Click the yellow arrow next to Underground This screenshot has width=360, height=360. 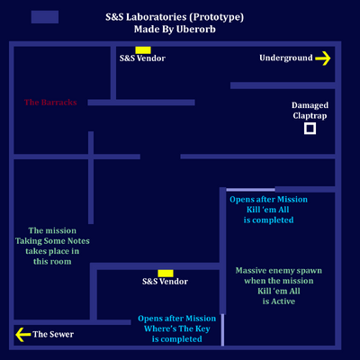click(323, 58)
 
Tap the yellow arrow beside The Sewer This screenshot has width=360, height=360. click(22, 335)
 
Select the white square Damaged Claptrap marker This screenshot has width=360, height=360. click(310, 129)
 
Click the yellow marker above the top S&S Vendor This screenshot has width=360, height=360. click(143, 50)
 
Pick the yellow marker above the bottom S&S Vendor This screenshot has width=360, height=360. click(166, 274)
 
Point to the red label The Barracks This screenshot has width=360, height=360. click(50, 103)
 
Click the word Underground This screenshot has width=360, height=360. click(286, 58)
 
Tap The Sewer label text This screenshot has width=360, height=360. click(53, 334)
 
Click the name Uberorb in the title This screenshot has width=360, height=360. click(196, 29)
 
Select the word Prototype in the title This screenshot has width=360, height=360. click(216, 17)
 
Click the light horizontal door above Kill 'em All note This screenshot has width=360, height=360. click(250, 190)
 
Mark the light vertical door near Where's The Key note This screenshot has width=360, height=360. click(222, 329)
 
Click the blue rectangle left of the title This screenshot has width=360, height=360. click(45, 17)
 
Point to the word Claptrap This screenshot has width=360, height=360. click(310, 116)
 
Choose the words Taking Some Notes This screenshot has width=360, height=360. click(52, 241)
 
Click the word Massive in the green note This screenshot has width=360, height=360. click(251, 271)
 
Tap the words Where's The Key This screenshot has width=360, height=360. click(177, 328)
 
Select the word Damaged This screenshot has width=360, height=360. click(310, 105)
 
